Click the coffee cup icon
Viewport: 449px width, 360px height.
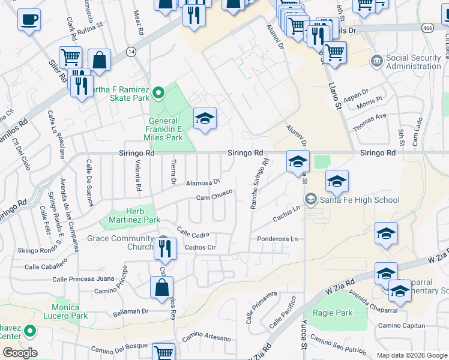(x=29, y=20)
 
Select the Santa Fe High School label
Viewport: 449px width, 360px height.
(x=359, y=200)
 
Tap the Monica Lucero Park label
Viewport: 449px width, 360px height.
(x=65, y=311)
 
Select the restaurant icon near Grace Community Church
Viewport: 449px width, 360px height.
(x=164, y=247)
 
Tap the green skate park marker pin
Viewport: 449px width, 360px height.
(x=158, y=93)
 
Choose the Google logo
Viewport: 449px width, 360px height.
(x=20, y=353)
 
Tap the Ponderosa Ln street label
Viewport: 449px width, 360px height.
(x=277, y=239)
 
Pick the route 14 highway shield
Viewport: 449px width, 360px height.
(x=131, y=52)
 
